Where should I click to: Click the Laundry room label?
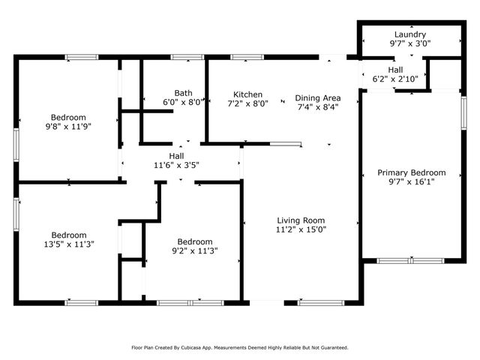410,34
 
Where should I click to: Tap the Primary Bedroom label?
411,172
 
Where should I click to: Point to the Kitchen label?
247,94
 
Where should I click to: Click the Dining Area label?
318,97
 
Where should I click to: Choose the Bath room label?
183,93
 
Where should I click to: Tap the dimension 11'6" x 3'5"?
176,165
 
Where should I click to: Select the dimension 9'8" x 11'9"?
68,127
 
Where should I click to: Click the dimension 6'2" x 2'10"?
394,79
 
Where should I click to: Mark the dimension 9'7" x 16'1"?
411,181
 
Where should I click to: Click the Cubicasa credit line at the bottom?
240,347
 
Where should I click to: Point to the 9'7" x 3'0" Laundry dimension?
410,44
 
